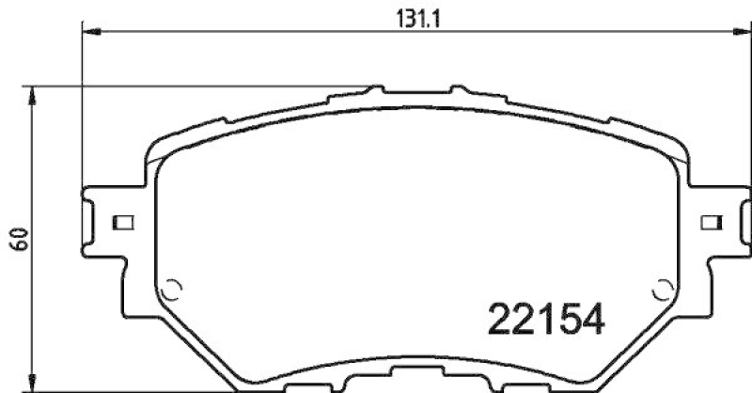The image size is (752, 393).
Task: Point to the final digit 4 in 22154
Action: (588, 321)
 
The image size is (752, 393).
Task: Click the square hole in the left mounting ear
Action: (122, 223)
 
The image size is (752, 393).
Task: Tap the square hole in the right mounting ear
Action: (713, 223)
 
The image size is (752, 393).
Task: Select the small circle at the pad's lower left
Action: (171, 290)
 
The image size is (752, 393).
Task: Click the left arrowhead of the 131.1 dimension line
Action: (89, 32)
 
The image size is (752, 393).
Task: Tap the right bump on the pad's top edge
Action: (458, 90)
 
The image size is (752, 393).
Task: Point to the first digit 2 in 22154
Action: (498, 321)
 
